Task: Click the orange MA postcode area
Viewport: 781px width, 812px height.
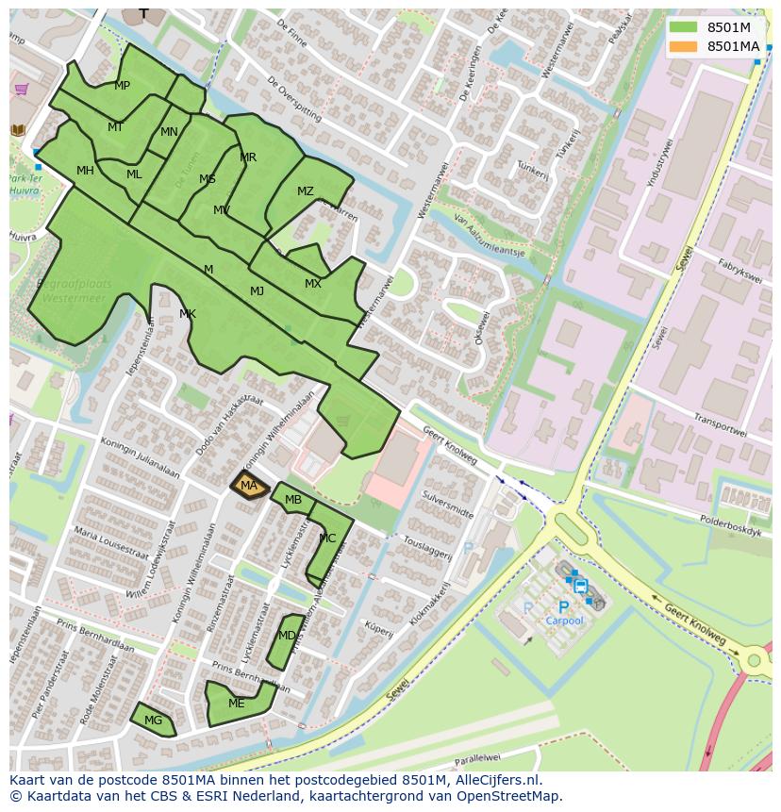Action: [x=249, y=486]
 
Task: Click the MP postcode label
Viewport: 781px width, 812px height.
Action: [x=122, y=86]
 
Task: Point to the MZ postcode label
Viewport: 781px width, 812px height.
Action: [x=305, y=191]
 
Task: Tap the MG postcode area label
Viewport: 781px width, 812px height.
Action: [x=153, y=721]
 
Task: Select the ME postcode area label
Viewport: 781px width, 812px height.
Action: [x=236, y=704]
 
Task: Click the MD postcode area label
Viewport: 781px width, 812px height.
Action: [x=287, y=636]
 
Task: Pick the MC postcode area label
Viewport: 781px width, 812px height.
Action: [x=327, y=539]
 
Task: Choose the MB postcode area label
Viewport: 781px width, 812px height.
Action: [x=293, y=500]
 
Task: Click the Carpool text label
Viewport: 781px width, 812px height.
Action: [x=564, y=621]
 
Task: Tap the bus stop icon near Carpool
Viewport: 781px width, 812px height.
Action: [x=580, y=586]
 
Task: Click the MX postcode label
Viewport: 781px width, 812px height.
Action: [x=313, y=284]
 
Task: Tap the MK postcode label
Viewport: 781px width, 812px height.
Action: [x=188, y=314]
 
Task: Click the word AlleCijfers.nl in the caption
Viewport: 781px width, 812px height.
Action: [x=498, y=780]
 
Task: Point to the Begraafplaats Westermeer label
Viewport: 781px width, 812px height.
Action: [x=74, y=290]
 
